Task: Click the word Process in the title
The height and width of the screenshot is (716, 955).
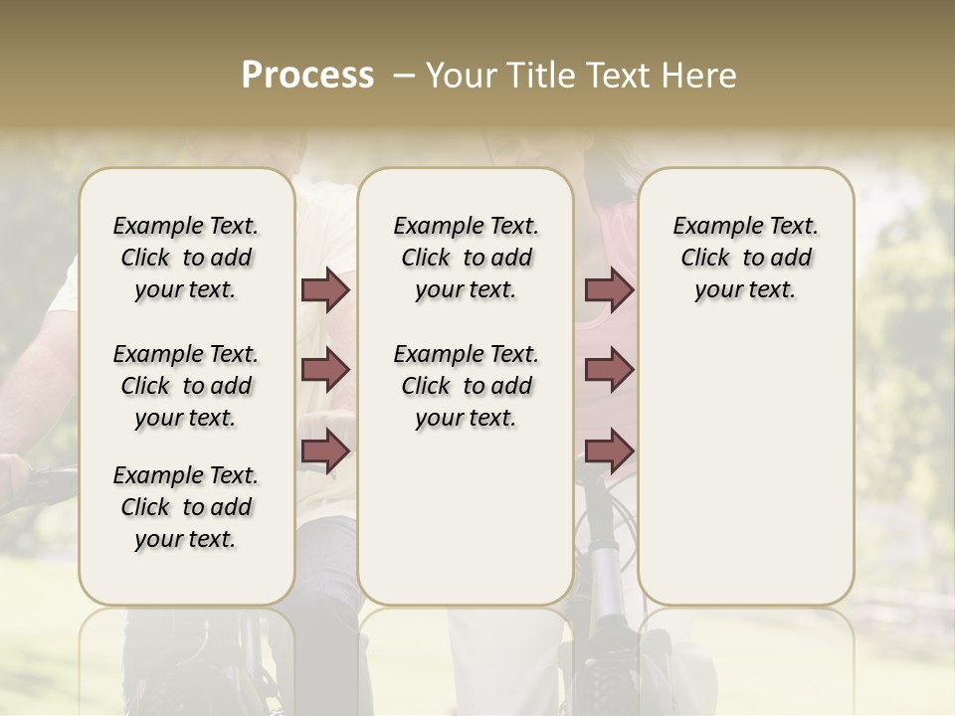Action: tap(307, 76)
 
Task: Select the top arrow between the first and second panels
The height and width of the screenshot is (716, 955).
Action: tap(325, 290)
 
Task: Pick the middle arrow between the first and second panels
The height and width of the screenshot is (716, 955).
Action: tap(325, 371)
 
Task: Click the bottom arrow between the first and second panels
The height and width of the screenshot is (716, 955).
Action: tap(325, 451)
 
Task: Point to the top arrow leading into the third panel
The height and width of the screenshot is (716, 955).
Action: tap(609, 290)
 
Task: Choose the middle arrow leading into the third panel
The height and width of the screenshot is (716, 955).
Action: tap(609, 371)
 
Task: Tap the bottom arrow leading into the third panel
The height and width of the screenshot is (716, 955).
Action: tap(609, 451)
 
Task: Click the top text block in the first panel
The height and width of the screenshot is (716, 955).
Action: tap(186, 258)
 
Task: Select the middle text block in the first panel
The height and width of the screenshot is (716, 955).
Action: tap(186, 386)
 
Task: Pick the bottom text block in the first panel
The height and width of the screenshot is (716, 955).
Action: tap(186, 507)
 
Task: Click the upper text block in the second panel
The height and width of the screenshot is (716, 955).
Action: tap(466, 258)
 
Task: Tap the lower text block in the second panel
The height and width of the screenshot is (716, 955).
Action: tap(466, 386)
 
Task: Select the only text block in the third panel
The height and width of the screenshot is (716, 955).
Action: tap(745, 258)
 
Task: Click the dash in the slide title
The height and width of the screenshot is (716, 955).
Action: tap(403, 76)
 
